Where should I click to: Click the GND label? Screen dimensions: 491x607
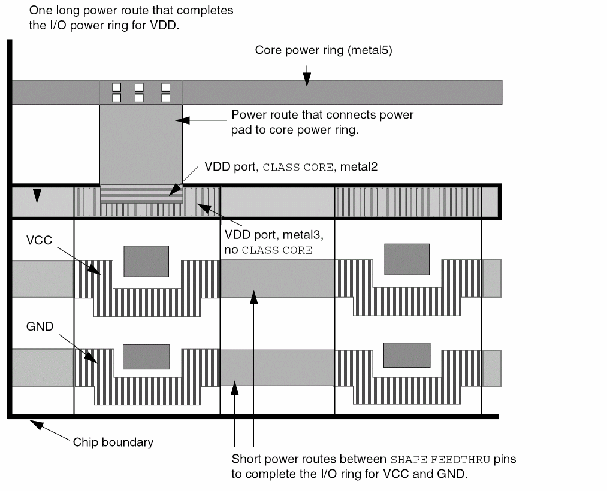tap(40, 327)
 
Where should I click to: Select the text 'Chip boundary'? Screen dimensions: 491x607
tap(113, 442)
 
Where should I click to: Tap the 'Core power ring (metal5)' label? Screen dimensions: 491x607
tap(323, 50)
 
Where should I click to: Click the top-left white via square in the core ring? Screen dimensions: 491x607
tap(117, 87)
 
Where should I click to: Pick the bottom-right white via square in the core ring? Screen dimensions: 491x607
tap(166, 98)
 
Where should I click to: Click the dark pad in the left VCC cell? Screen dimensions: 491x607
tap(146, 261)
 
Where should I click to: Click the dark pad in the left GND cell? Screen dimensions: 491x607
tap(146, 357)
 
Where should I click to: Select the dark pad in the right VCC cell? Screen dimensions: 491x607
tap(407, 259)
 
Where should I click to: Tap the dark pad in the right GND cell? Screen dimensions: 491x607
tap(407, 354)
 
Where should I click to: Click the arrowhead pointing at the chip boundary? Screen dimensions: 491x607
tap(35, 425)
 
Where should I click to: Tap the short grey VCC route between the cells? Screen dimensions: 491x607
tap(277, 278)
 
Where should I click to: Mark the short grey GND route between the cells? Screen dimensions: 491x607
tap(277, 368)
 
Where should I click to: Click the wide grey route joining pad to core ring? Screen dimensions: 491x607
tap(141, 144)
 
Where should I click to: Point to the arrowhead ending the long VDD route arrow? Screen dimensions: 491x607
tap(37, 197)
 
